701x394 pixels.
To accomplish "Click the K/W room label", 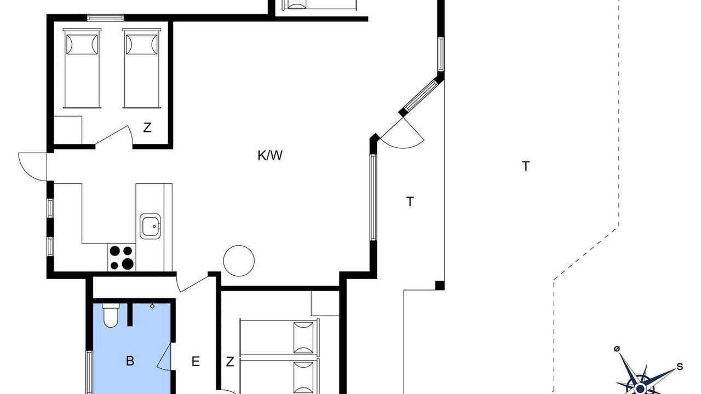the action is [x=270, y=155].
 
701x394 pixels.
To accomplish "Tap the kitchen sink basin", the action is [x=150, y=227].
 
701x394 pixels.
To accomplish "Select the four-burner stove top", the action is [x=122, y=257].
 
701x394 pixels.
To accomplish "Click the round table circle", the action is [x=239, y=261].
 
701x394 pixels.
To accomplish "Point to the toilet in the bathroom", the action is [x=111, y=315].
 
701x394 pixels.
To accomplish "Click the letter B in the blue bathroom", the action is [x=130, y=361].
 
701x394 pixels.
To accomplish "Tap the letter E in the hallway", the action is [x=196, y=362].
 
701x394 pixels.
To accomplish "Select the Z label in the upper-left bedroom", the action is [x=147, y=128].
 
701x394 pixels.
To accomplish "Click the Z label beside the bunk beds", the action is [x=230, y=362].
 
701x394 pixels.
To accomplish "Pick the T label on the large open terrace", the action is [x=526, y=166].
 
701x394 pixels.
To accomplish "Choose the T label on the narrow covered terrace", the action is [x=410, y=201].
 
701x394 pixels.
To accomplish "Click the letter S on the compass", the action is [x=680, y=367].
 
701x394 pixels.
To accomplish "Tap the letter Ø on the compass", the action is [x=617, y=349].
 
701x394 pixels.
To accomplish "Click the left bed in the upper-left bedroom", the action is [x=82, y=68].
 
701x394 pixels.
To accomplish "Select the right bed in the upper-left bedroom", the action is [x=142, y=68].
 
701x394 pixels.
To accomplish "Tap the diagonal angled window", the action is [x=421, y=95].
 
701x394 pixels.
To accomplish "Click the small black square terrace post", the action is [x=440, y=286].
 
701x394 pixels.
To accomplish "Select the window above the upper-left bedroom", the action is [x=106, y=18].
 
